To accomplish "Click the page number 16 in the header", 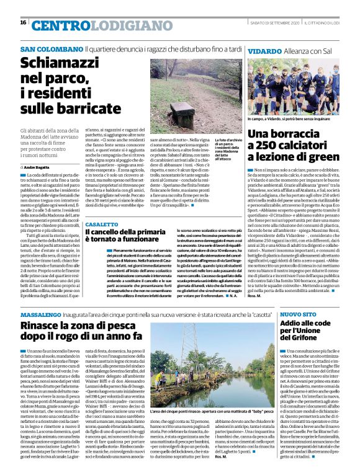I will [23, 22].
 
